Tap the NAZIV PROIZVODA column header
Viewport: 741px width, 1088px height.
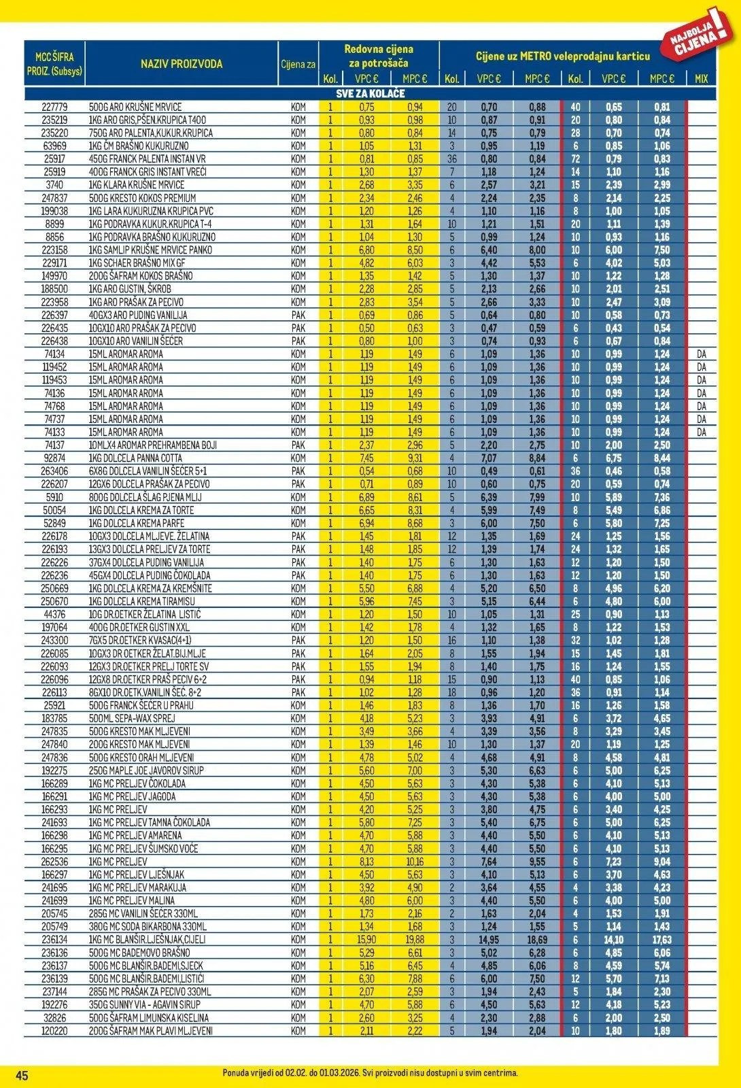pos(182,64)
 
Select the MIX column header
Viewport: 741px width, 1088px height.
pos(701,79)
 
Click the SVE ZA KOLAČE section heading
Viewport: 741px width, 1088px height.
pos(370,93)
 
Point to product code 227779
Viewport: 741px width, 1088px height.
pos(54,107)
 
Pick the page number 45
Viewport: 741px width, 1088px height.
pos(22,1075)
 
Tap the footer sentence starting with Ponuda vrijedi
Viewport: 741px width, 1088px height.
pos(370,1072)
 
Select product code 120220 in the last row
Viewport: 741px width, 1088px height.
pos(54,1031)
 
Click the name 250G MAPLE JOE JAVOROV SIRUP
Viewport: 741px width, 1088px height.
pos(146,770)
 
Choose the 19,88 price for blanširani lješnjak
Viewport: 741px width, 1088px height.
pos(414,940)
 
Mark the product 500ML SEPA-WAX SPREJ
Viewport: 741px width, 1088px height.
pos(132,718)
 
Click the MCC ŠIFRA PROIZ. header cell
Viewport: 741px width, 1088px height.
pos(54,64)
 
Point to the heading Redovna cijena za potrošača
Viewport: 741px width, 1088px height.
pos(379,56)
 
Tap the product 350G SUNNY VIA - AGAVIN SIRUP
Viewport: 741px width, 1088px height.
pos(145,1004)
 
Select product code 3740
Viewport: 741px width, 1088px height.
pos(54,185)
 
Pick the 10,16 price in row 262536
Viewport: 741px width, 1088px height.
pos(414,862)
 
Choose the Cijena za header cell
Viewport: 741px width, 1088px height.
pos(298,65)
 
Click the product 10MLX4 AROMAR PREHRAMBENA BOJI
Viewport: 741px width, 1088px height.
pos(153,445)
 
